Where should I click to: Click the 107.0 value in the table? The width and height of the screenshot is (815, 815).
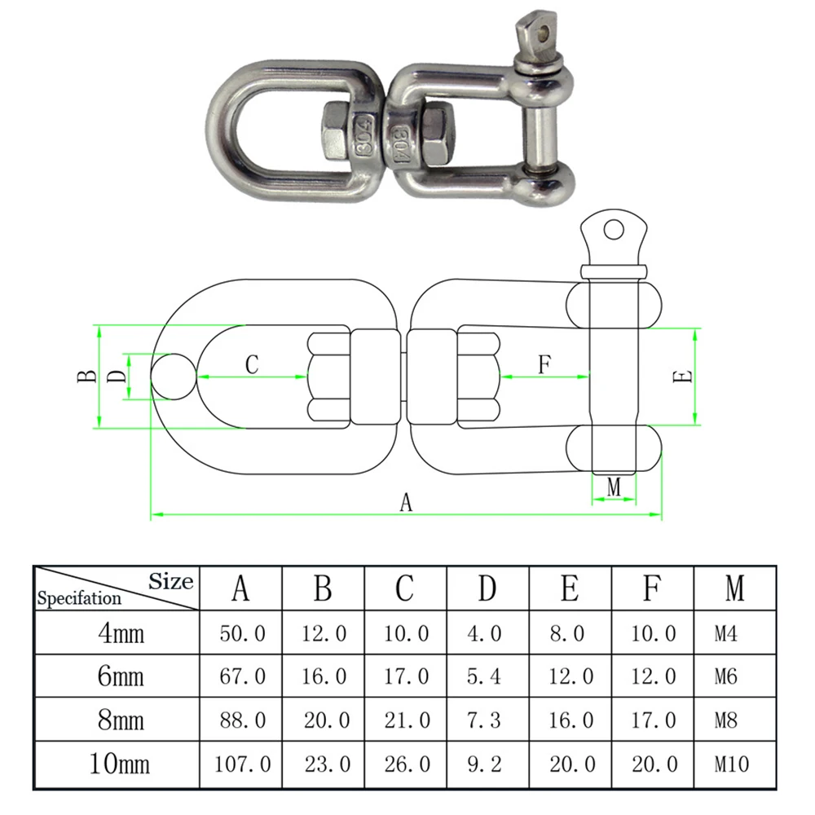click(243, 764)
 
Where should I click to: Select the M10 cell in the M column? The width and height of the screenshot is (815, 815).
click(732, 764)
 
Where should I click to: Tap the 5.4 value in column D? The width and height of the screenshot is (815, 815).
click(483, 676)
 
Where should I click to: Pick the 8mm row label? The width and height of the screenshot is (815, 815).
click(121, 720)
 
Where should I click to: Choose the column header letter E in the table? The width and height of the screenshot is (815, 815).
click(570, 588)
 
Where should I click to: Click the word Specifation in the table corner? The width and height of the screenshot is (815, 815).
click(79, 598)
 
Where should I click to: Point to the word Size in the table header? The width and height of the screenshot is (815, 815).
click(171, 581)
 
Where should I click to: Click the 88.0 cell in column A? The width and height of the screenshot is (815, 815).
click(243, 720)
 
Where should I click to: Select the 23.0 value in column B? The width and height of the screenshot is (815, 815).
click(328, 764)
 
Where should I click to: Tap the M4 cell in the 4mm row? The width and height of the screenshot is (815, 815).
click(725, 633)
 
